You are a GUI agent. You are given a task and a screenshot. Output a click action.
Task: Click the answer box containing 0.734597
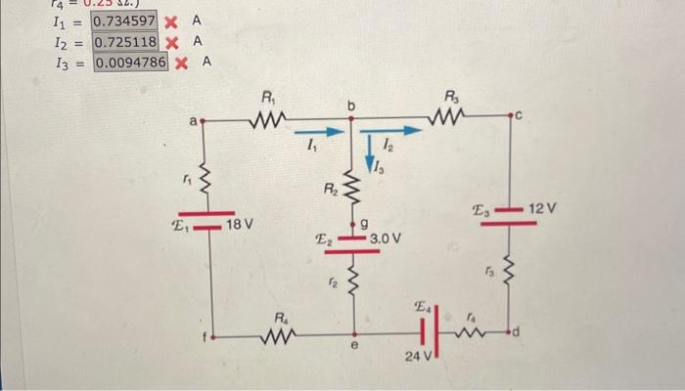[124, 21]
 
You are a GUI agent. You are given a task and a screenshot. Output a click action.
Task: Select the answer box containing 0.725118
[124, 42]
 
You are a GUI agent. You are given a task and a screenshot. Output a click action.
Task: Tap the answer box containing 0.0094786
[131, 64]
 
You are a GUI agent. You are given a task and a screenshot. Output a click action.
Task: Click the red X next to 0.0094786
[183, 64]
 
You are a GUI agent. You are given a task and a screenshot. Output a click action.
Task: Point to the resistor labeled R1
[266, 122]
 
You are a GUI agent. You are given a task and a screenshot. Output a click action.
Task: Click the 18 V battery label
[240, 225]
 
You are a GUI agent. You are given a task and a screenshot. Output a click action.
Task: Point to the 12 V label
[542, 210]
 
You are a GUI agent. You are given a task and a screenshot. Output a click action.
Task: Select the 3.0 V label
[390, 238]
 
